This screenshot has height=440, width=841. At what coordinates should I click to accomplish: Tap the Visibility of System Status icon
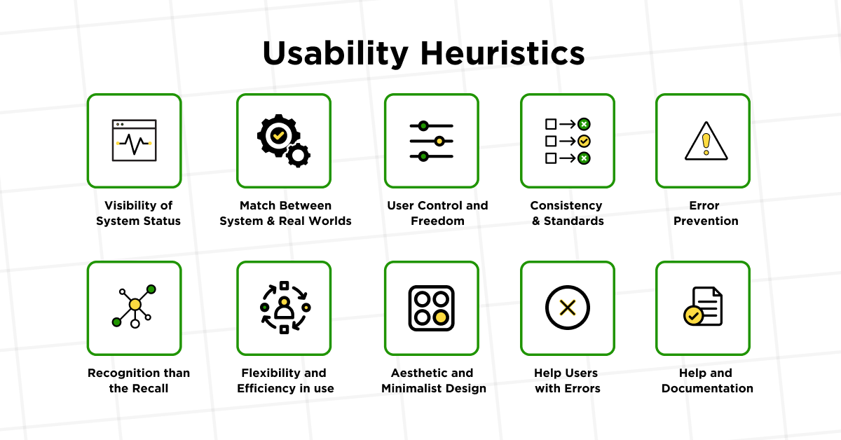[x=134, y=141]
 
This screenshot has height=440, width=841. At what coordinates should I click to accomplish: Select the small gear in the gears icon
[x=299, y=154]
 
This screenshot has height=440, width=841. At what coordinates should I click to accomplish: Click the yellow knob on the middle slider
[x=439, y=141]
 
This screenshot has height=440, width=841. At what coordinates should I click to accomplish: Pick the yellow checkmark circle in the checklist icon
[x=584, y=141]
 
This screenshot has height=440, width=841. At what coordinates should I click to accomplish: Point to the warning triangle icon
[x=706, y=141]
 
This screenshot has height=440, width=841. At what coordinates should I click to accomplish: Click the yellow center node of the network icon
[x=135, y=305]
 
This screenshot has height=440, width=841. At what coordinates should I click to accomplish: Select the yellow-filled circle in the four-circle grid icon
[x=441, y=317]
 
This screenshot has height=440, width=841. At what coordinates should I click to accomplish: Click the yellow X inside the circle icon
[x=568, y=308]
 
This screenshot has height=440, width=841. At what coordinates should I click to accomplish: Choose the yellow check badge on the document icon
[x=693, y=315]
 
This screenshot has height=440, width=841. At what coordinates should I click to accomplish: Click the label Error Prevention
[x=706, y=213]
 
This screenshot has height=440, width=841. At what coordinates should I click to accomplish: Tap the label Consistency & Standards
[x=567, y=213]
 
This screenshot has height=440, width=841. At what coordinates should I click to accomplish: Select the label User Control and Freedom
[x=437, y=213]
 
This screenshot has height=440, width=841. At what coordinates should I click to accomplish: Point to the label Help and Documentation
[x=707, y=380]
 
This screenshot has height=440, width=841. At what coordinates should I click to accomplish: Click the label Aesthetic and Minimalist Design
[x=433, y=380]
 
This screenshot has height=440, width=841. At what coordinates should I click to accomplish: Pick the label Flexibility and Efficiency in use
[x=285, y=380]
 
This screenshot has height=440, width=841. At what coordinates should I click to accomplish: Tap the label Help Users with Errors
[x=567, y=380]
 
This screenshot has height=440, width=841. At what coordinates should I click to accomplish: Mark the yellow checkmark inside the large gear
[x=278, y=135]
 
